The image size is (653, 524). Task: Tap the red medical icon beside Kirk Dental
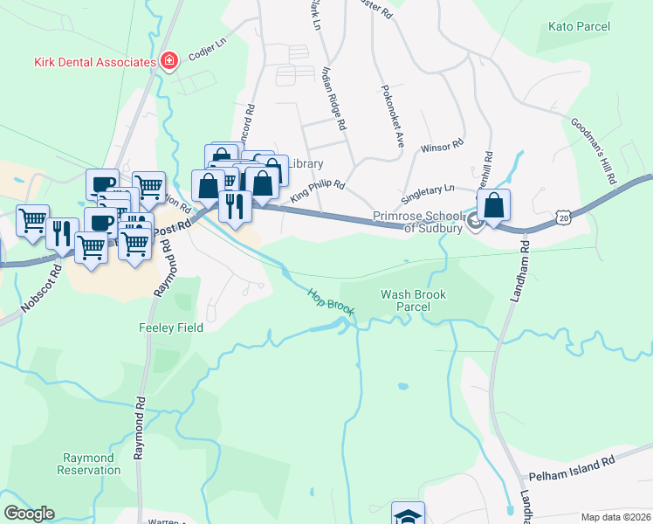(x=168, y=61)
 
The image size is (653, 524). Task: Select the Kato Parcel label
(x=579, y=26)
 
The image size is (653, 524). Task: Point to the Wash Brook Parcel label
(x=413, y=301)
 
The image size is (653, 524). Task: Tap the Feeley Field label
(x=171, y=327)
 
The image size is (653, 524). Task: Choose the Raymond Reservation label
(x=88, y=464)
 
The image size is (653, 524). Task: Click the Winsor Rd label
(x=441, y=150)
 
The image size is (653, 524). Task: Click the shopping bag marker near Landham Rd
(x=493, y=206)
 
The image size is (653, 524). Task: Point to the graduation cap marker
(x=408, y=515)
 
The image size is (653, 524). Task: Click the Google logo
(x=29, y=514)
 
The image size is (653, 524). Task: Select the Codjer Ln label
(x=207, y=52)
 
